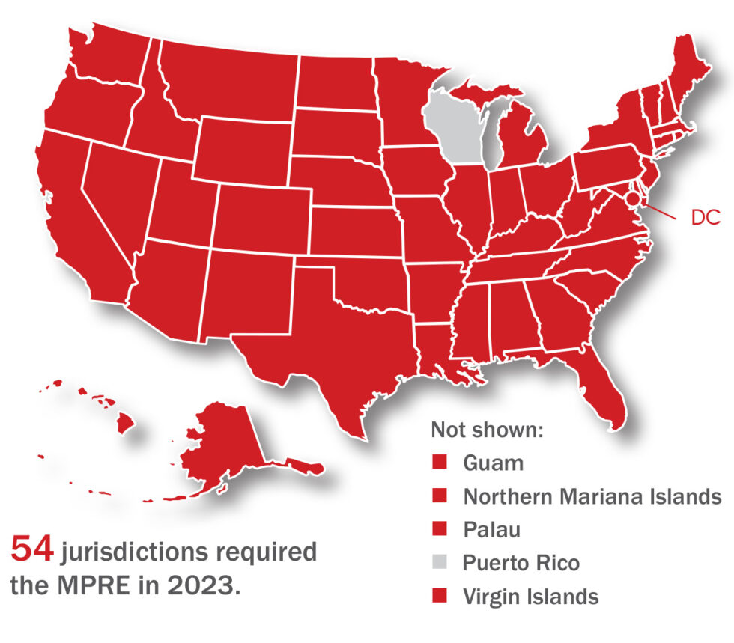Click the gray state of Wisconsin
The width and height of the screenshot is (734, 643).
coord(453,127)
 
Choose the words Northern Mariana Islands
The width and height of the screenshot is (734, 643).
coord(592,496)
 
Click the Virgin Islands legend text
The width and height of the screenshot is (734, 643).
coord(530,597)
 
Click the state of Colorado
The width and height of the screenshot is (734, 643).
coord(262,217)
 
